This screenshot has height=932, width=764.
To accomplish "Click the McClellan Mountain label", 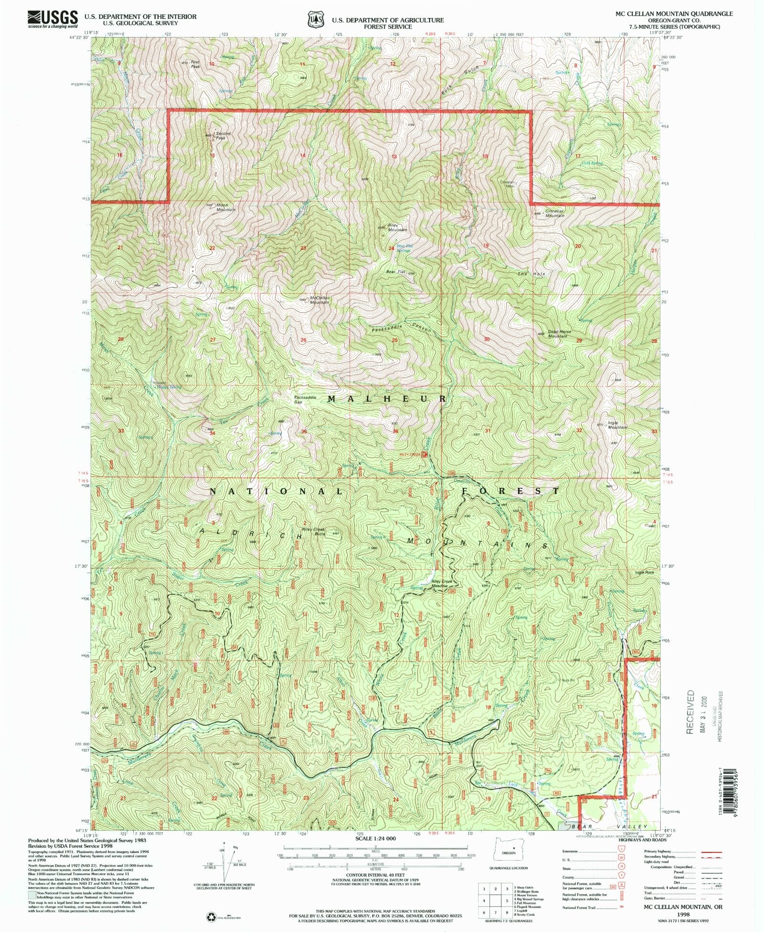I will coord(319,300).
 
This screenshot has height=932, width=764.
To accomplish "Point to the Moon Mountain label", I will coord(225,207).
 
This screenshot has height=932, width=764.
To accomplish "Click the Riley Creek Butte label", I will coord(313,531).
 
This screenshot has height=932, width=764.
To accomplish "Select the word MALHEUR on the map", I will coord(387,399).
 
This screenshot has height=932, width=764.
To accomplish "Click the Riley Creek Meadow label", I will coord(441,583).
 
